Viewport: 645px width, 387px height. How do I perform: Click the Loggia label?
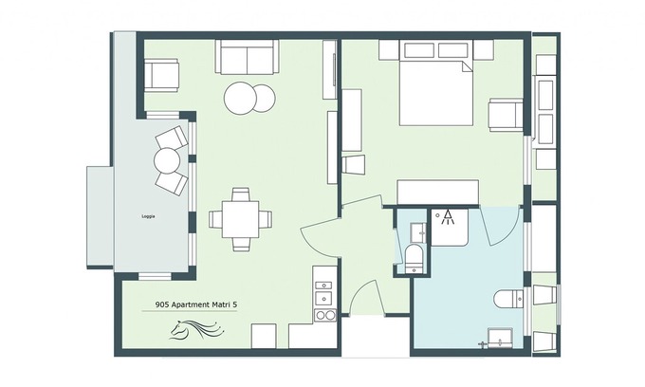click(x=148, y=216)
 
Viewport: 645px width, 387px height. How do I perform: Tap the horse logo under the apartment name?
click(x=195, y=329)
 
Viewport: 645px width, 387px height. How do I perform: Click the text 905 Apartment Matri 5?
click(x=195, y=304)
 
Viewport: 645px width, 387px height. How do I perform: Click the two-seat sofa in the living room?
click(x=247, y=57)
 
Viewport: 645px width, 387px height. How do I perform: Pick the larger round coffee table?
click(x=241, y=98)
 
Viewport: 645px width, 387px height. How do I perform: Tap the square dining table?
click(x=241, y=219)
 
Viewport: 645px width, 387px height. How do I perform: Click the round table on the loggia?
click(x=167, y=161)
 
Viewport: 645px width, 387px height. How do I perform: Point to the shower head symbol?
click(x=447, y=217)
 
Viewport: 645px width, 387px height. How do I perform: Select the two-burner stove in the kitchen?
click(x=325, y=315)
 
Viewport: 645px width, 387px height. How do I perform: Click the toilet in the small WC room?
click(x=413, y=259)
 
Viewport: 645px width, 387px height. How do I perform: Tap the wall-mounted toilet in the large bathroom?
click(x=509, y=299)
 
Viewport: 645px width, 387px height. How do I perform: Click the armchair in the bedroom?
click(x=506, y=115)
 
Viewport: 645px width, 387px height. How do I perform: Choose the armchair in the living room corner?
click(x=161, y=75)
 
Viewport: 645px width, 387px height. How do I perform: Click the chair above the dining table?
click(x=241, y=194)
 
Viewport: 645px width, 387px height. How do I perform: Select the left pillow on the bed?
click(x=419, y=50)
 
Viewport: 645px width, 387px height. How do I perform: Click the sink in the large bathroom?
click(x=500, y=338)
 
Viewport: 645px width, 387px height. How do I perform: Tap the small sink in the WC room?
click(x=419, y=232)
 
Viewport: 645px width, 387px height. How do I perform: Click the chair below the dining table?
click(x=241, y=245)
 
